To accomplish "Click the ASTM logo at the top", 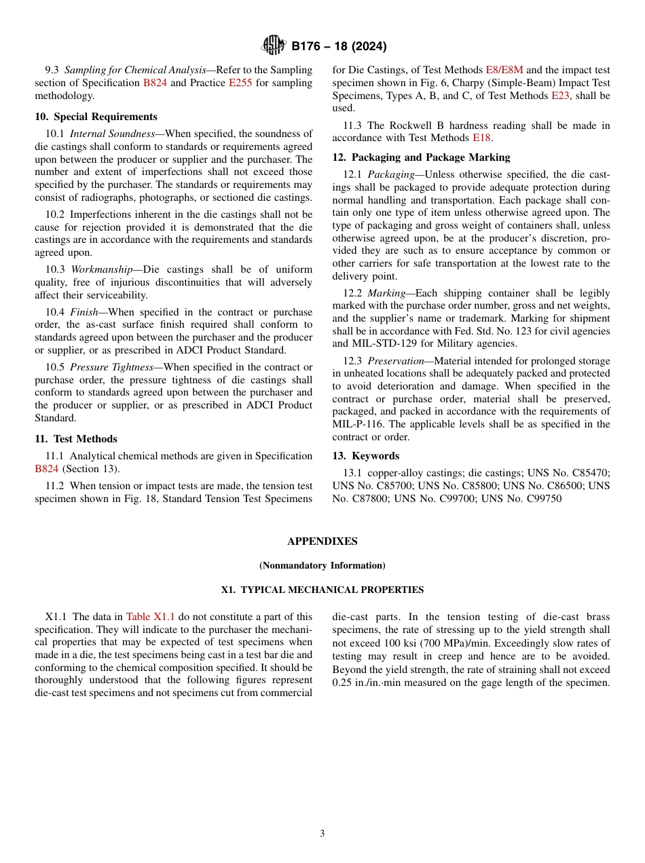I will click(x=274, y=46).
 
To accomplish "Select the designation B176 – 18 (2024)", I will click(x=339, y=47).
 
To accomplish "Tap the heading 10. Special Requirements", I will click(x=96, y=117).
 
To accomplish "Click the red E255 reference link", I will click(x=240, y=83).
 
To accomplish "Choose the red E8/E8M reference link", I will click(x=504, y=70).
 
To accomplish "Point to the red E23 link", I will click(x=560, y=96).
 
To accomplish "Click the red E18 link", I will click(x=481, y=138).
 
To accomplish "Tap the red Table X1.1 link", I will click(x=150, y=617).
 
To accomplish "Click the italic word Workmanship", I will click(x=101, y=269).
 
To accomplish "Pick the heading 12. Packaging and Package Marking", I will click(x=421, y=157).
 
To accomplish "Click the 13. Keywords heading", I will click(x=365, y=456).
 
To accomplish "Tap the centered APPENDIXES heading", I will click(x=322, y=541).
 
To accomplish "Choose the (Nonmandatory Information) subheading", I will click(x=322, y=565).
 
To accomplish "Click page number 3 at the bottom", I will click(x=322, y=833).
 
